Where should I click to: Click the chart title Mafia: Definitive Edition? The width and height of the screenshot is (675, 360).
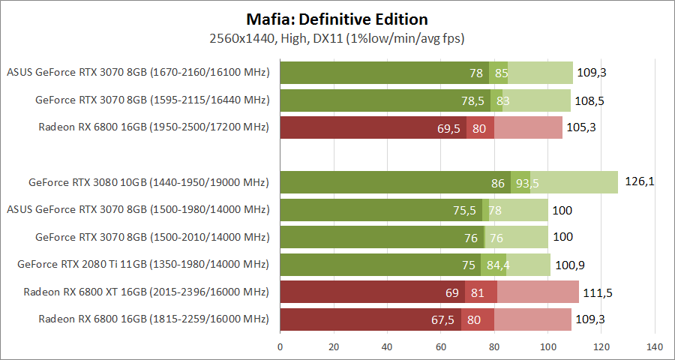pos(337,19)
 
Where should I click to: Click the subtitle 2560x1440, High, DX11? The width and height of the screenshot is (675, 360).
pos(337,37)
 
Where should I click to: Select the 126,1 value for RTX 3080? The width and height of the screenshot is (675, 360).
pos(639,181)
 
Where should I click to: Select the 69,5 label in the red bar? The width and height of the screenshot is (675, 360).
pos(448,128)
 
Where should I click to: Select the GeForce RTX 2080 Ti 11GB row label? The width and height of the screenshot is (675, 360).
pos(142,265)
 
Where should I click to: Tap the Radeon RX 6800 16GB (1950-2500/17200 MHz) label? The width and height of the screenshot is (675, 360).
pos(153,127)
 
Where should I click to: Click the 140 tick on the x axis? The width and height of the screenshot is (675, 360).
pos(655,347)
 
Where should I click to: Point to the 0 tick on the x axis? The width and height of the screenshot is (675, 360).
pos(280,347)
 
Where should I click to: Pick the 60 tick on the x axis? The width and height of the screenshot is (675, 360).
pos(441,347)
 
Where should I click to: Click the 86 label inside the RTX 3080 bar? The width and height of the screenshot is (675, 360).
pos(498,182)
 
